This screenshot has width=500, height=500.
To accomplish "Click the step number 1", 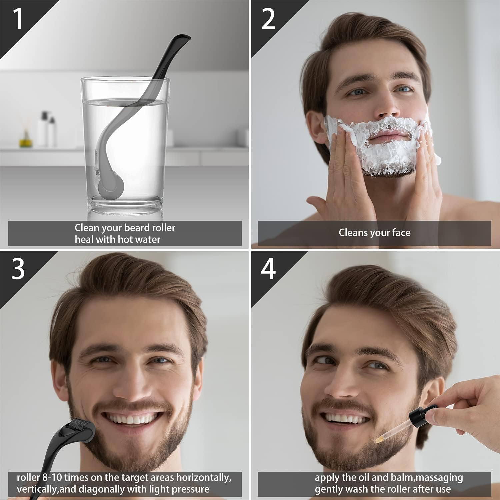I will coord(18,19).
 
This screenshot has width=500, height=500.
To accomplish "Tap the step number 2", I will coord(268,19).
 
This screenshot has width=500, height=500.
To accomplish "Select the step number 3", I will coord(18,269).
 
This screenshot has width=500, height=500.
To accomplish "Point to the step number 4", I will coord(268,269).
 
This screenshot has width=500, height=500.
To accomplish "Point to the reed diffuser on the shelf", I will coord(25,133).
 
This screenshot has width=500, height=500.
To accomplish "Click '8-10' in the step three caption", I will coord(52,477).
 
